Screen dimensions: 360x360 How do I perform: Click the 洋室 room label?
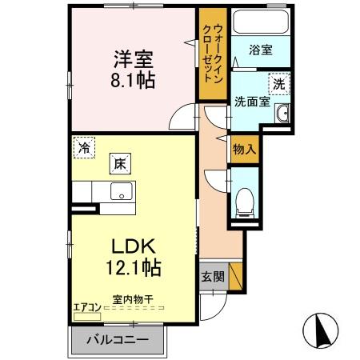[x=133, y=59]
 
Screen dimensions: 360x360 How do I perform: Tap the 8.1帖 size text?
[x=133, y=81]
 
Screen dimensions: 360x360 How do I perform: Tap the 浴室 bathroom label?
[x=260, y=50]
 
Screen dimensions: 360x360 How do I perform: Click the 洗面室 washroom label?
[x=250, y=102]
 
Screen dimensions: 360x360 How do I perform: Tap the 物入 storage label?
[x=244, y=149]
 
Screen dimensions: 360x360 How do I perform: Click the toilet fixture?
[x=245, y=198]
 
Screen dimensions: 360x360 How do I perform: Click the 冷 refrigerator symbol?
[x=83, y=146]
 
